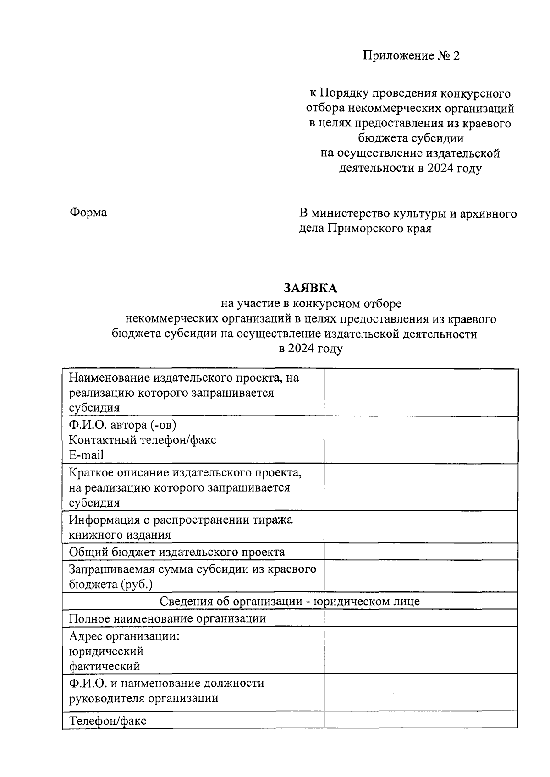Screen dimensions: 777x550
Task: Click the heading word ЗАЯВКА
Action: coord(310,288)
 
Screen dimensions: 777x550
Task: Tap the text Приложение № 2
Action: coord(411,56)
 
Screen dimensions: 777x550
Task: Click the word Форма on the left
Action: coord(88,213)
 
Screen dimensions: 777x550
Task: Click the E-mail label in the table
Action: coord(86,455)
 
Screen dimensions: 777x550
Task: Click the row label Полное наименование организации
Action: coord(167,618)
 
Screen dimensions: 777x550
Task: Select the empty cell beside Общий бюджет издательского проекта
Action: coord(421,552)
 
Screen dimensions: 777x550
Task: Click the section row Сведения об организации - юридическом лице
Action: coord(290,601)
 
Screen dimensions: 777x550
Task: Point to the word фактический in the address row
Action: coord(104,666)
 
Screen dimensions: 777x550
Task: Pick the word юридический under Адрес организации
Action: coord(106,651)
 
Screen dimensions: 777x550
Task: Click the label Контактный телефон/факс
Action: coord(143,440)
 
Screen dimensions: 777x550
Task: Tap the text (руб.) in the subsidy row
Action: coord(137,584)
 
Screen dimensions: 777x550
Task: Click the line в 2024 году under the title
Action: coord(310,349)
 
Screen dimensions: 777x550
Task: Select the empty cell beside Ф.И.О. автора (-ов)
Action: coord(421,440)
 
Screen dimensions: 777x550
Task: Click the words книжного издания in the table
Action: coord(120,535)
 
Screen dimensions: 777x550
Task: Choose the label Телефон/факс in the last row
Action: coord(108,721)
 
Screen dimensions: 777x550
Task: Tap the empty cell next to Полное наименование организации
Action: coord(421,618)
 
